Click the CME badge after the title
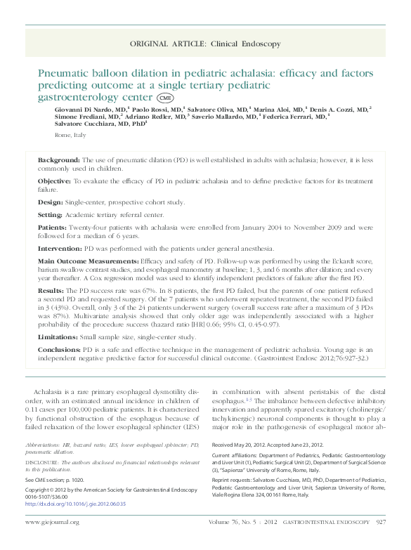click(x=165, y=98)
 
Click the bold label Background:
click(x=59, y=161)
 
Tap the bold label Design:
click(x=50, y=202)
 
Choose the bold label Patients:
click(x=53, y=228)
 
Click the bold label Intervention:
click(x=60, y=249)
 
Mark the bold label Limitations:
click(x=58, y=337)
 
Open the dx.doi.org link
click(x=75, y=485)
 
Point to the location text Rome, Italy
click(x=70, y=135)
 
